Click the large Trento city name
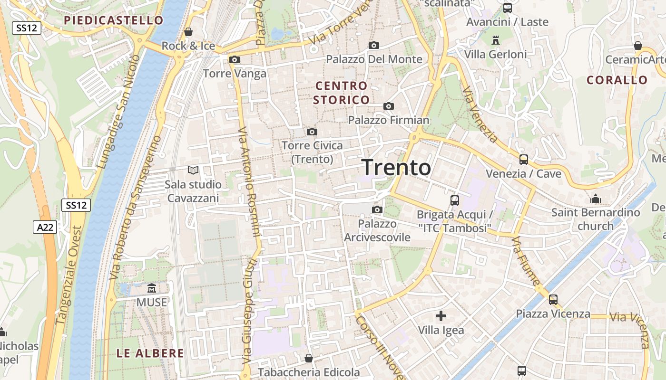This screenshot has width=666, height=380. (396, 168)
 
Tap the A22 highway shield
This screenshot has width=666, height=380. (45, 228)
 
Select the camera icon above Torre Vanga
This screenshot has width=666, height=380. (234, 60)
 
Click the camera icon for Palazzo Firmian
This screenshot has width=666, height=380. (389, 106)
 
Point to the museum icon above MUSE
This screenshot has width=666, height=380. (152, 288)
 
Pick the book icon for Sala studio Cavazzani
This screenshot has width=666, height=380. (193, 170)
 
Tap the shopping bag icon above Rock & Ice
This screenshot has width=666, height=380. (188, 32)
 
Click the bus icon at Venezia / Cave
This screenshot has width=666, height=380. (523, 160)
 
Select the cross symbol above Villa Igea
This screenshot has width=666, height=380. (441, 315)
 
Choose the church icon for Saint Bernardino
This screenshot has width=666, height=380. (595, 199)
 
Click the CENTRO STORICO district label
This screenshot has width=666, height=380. (341, 93)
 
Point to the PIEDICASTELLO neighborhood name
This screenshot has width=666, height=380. (114, 20)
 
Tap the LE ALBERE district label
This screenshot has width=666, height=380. (150, 353)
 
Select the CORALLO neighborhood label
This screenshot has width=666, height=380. (617, 80)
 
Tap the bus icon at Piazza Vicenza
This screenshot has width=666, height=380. (553, 300)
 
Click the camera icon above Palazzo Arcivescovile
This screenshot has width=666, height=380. (377, 209)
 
